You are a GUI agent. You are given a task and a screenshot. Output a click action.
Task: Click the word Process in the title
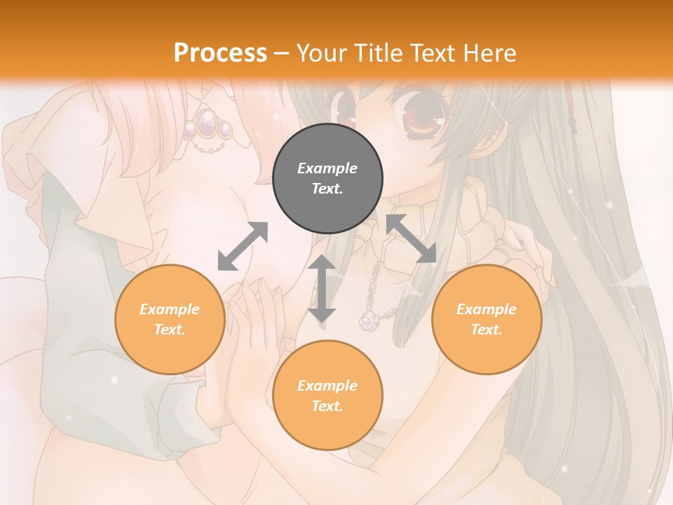tap(220, 53)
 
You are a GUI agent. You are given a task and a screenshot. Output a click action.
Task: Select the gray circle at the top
tap(327, 179)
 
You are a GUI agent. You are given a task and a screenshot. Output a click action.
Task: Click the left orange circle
tap(170, 319)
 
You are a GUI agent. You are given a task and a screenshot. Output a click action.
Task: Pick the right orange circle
tap(487, 319)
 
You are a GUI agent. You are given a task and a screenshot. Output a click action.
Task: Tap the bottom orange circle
tap(327, 396)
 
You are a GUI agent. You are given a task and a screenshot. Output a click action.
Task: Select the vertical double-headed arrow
tap(322, 288)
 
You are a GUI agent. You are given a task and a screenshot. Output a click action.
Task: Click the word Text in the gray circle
tap(327, 189)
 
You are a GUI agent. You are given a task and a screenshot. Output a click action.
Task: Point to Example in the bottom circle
tap(327, 386)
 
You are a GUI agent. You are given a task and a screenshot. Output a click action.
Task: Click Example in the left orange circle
tap(170, 309)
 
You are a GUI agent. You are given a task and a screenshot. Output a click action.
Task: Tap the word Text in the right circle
tap(487, 330)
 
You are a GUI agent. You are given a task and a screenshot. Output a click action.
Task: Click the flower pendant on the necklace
tap(368, 321)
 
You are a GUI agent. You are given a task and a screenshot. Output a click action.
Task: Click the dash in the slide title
tap(282, 53)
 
